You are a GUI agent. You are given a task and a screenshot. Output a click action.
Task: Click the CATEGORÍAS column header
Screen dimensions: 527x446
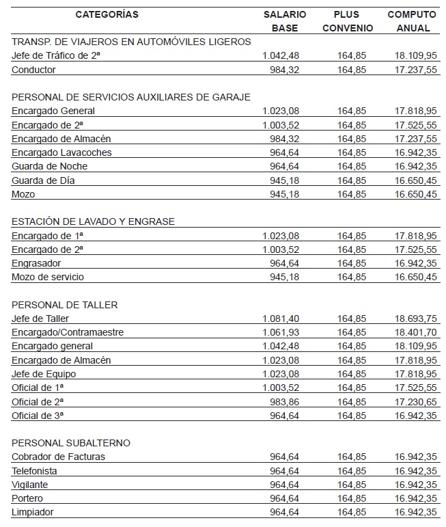[x=107, y=14]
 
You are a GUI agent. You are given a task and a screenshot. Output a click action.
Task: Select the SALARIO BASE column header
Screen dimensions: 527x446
[x=285, y=21]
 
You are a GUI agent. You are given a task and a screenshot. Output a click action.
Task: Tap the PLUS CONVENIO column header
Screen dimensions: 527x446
[x=347, y=21]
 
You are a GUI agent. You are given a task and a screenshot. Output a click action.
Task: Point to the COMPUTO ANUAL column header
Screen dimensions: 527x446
[x=412, y=21]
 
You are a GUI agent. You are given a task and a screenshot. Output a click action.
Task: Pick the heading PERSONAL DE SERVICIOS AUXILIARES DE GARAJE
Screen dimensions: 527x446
[x=131, y=97]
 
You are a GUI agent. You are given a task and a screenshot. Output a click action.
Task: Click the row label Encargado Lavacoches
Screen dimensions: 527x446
[x=62, y=152]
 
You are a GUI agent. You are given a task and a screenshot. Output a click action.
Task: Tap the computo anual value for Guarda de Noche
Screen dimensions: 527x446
[x=415, y=166]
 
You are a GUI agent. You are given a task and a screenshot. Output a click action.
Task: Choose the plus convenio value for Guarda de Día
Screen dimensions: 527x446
[x=352, y=180]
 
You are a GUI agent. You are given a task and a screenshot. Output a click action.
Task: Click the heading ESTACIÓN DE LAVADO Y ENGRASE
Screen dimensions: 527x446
[x=94, y=221]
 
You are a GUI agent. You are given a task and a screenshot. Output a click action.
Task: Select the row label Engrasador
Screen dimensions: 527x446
[x=36, y=263]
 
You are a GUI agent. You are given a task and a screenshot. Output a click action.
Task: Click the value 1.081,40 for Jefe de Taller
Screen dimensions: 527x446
[x=281, y=319]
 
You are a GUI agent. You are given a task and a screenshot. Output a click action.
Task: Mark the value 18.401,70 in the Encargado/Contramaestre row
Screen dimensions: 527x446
[x=415, y=332]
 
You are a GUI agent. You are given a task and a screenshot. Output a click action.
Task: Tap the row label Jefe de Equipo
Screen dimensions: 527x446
[x=44, y=374]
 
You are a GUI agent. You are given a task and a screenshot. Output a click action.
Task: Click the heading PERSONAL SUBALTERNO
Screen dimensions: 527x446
[x=71, y=443]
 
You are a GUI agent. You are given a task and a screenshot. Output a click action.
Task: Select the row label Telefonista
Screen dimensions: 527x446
[x=34, y=471]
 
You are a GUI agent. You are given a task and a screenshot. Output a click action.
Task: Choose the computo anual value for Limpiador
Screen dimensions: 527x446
[x=415, y=512]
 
